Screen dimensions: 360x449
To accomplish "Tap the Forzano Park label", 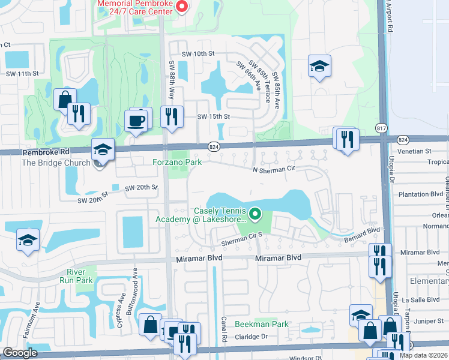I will click(x=176, y=161).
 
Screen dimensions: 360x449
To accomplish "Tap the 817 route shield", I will click(x=382, y=128).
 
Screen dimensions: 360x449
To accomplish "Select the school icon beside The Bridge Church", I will click(x=103, y=150).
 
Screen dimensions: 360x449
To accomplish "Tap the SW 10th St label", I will click(x=198, y=54).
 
